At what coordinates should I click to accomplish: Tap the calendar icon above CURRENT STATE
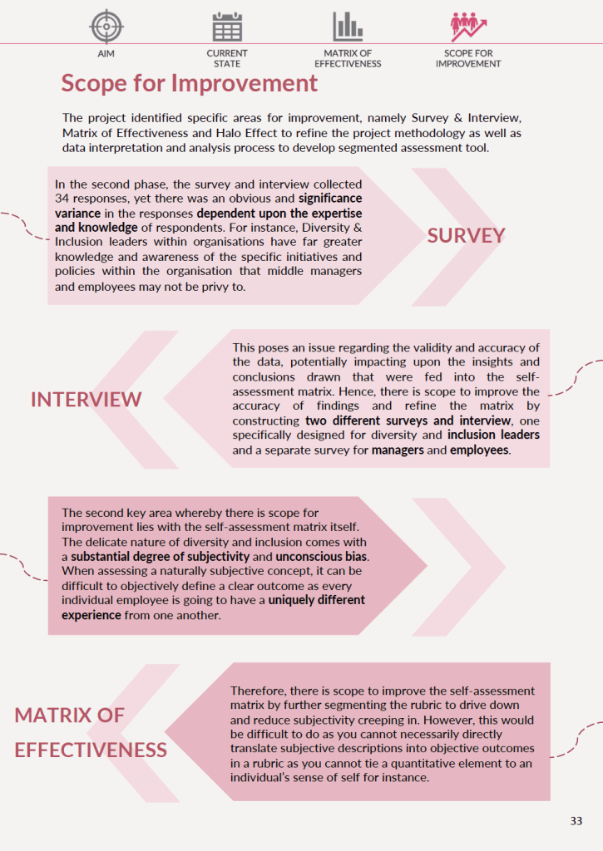pos(227,27)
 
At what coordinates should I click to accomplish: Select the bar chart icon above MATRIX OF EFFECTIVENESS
pos(348,27)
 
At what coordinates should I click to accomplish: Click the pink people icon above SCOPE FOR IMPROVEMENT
pos(468,27)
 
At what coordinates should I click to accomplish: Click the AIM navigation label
pos(106,53)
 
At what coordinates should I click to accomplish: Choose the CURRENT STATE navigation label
pos(227,58)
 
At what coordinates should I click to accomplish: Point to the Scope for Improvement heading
pos(190,83)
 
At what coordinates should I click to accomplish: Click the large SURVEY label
pos(466,235)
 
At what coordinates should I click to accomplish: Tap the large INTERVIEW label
pos(86,400)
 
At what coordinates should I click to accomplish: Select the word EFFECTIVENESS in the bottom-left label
pos(91,750)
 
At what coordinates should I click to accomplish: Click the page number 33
pos(576,821)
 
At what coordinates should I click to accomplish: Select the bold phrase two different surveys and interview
pos(390,421)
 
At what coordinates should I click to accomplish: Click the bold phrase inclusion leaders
pos(493,435)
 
